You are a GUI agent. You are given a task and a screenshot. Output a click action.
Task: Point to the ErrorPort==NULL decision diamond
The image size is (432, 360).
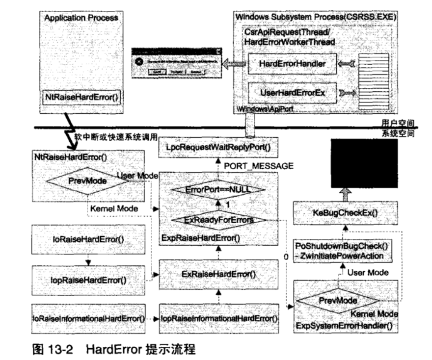point(216,189)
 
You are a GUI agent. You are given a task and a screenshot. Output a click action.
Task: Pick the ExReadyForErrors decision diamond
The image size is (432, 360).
point(216,220)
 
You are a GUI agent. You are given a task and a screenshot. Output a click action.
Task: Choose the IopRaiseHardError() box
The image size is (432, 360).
point(89,281)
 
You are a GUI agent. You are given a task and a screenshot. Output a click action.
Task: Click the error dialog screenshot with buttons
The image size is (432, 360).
point(176,62)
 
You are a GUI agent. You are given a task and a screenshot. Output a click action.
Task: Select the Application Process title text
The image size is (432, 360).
point(81,17)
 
